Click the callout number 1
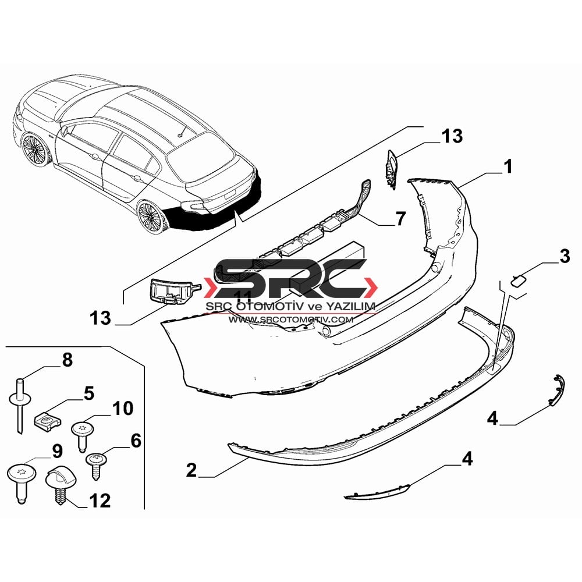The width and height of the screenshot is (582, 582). [508, 166]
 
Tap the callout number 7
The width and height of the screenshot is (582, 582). [400, 218]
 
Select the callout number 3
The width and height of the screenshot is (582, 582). [564, 256]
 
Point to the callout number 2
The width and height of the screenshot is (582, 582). [191, 470]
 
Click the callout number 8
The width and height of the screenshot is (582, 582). [67, 360]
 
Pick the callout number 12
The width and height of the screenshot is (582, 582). [100, 501]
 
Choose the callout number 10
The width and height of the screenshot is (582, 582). [122, 409]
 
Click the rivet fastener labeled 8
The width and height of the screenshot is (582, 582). [20, 404]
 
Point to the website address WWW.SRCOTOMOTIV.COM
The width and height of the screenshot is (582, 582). [290, 320]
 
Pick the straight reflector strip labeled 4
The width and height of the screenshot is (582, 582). [377, 492]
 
